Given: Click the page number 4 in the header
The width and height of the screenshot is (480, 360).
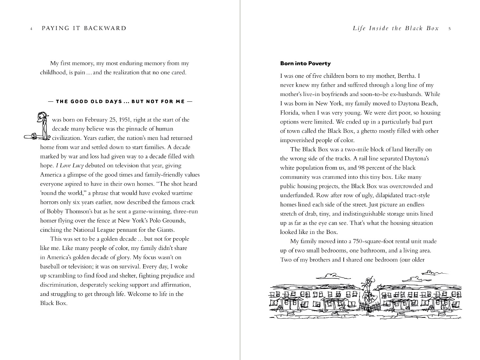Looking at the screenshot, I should tap(31, 29).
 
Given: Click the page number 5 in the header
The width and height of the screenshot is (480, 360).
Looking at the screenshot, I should tap(450, 29).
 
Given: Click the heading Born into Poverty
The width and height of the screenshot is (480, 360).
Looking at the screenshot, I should tap(305, 63).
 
